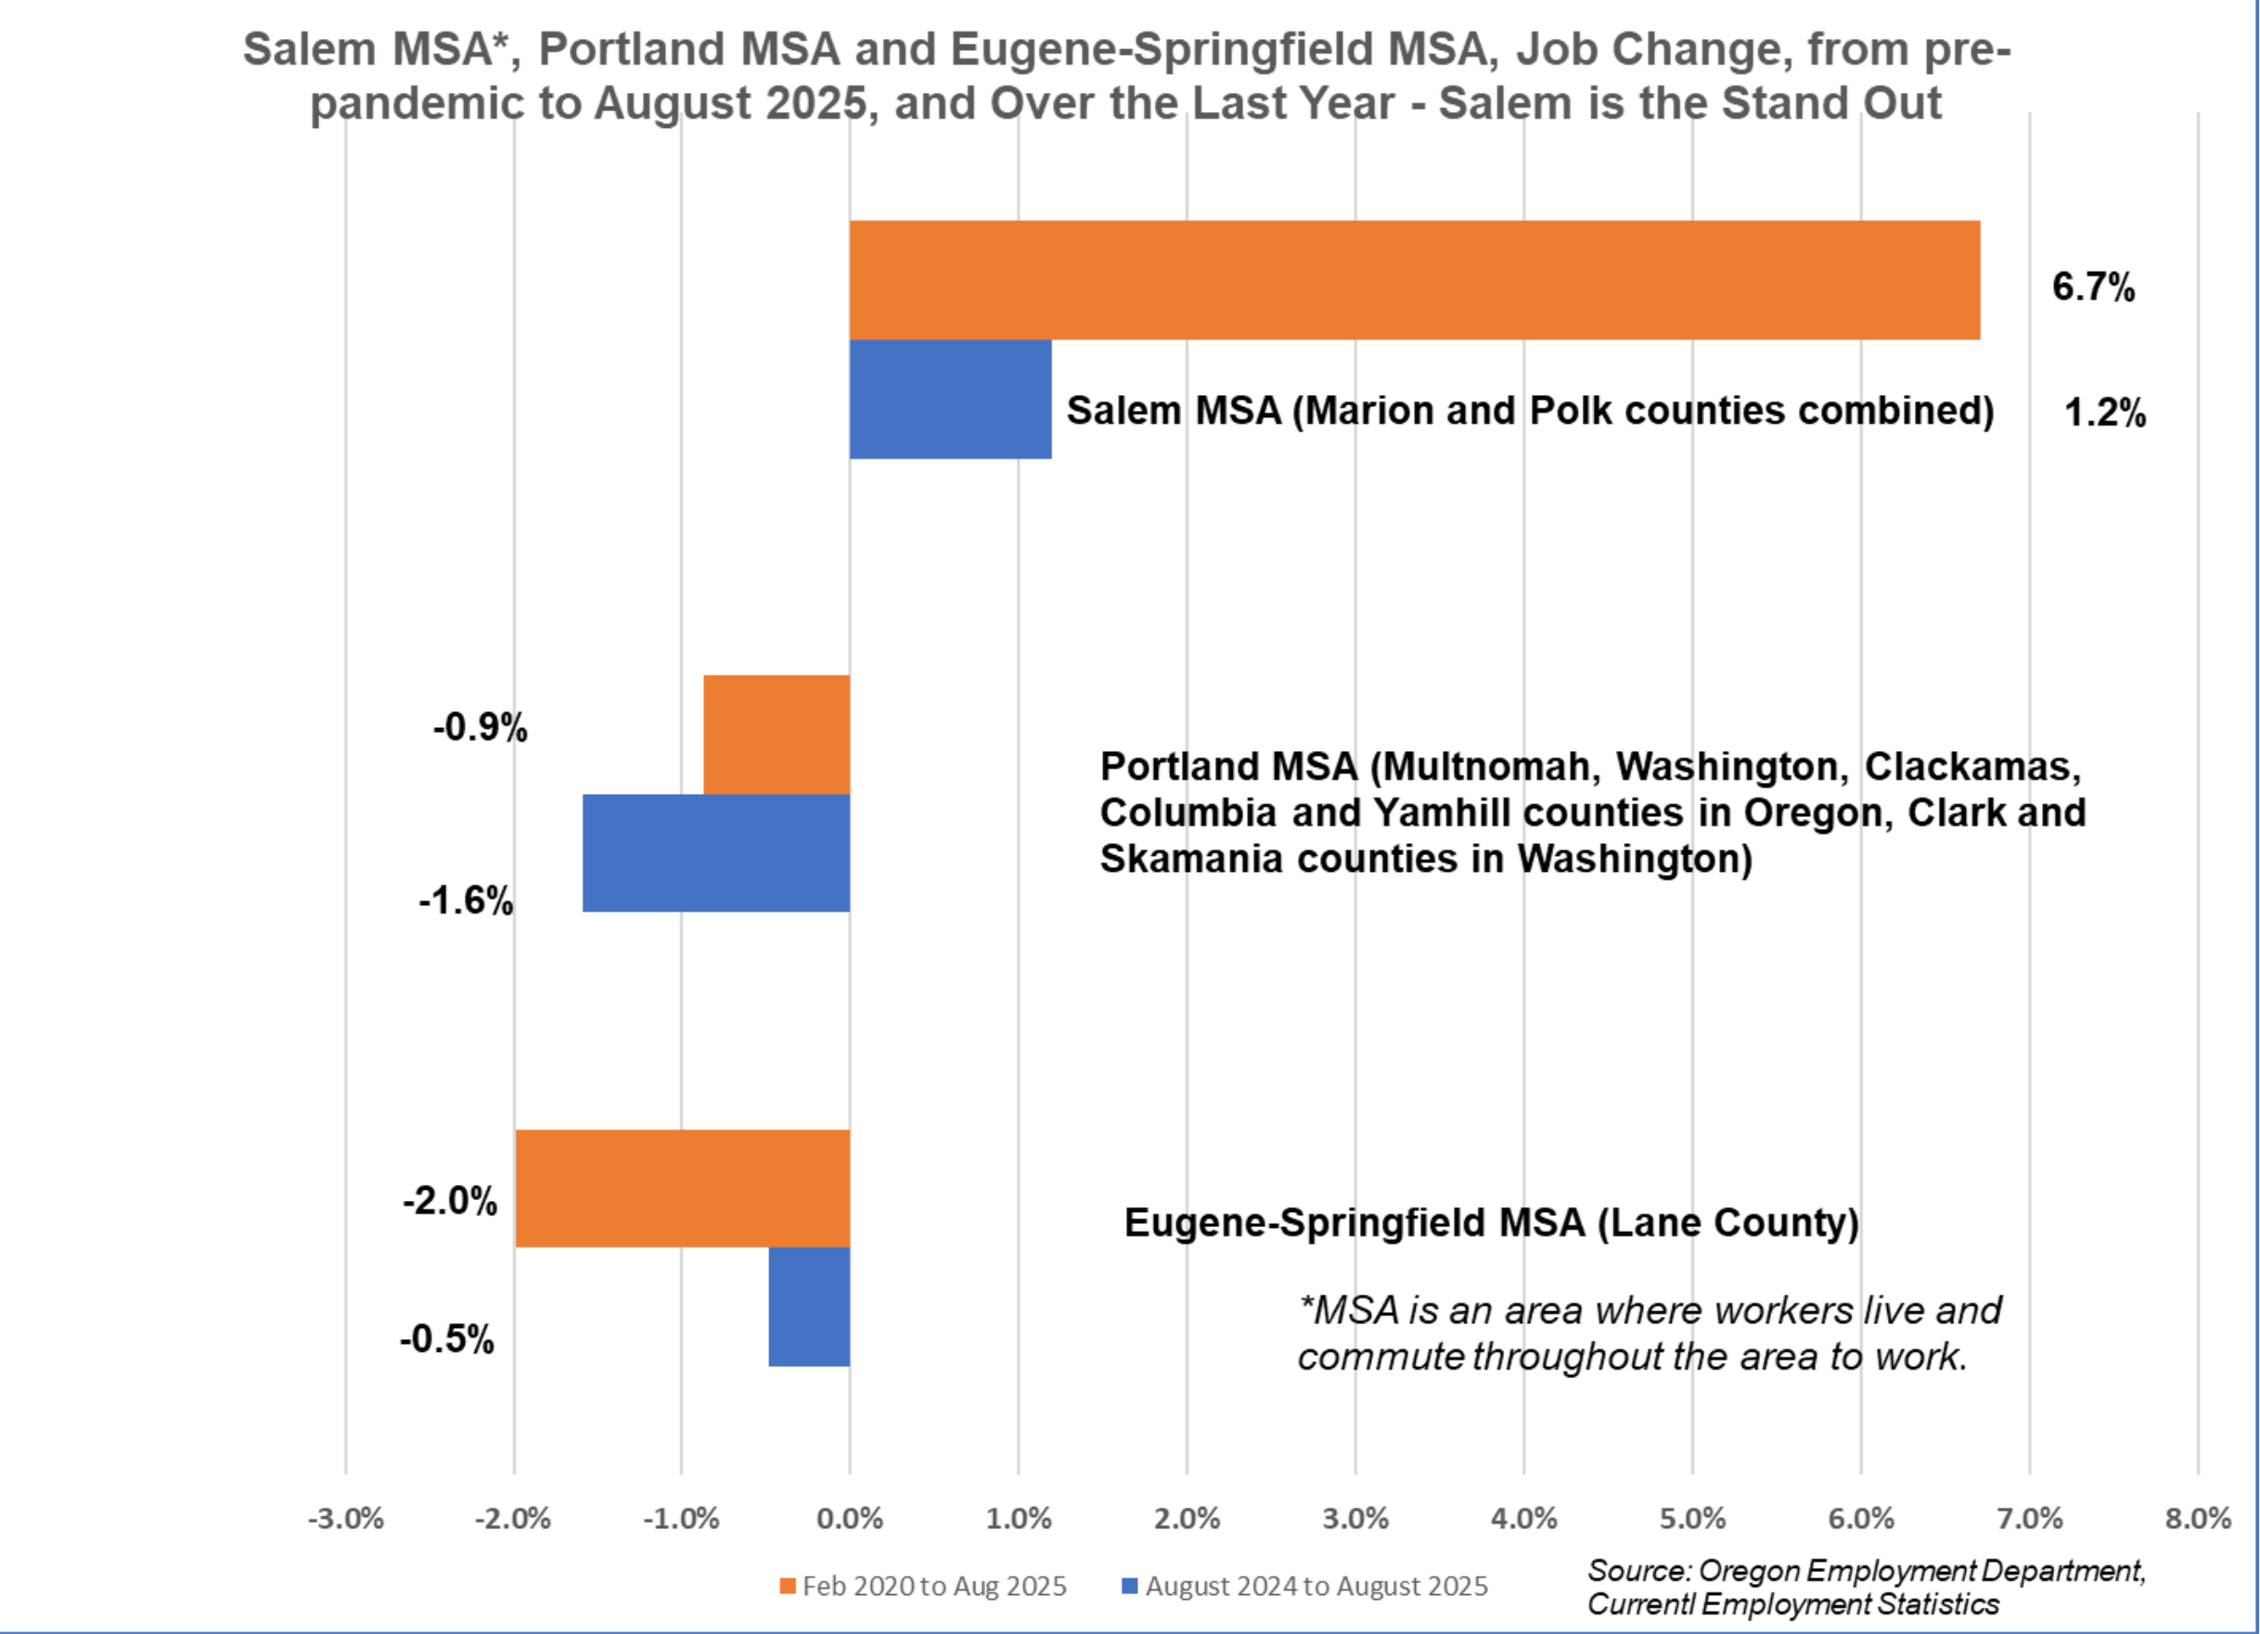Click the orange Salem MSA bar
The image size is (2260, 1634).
pos(1414,280)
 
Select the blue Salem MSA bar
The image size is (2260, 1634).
pos(950,399)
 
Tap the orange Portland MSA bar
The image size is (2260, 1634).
pos(777,734)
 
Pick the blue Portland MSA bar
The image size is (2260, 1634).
pos(715,853)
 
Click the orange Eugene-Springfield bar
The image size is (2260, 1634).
pos(682,1188)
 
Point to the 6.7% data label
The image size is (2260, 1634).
pos(2093,287)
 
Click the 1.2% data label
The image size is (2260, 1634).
pos(2104,413)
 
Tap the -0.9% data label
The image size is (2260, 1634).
pos(480,728)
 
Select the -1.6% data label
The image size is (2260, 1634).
pos(466,901)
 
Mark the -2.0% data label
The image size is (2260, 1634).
pos(449,1202)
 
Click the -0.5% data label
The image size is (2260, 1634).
pos(446,1340)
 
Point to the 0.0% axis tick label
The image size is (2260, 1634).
pos(849,1518)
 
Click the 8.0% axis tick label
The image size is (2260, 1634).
pos(2197,1518)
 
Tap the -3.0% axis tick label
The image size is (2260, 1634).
pos(345,1518)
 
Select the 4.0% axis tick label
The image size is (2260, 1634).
pos(1523,1518)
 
